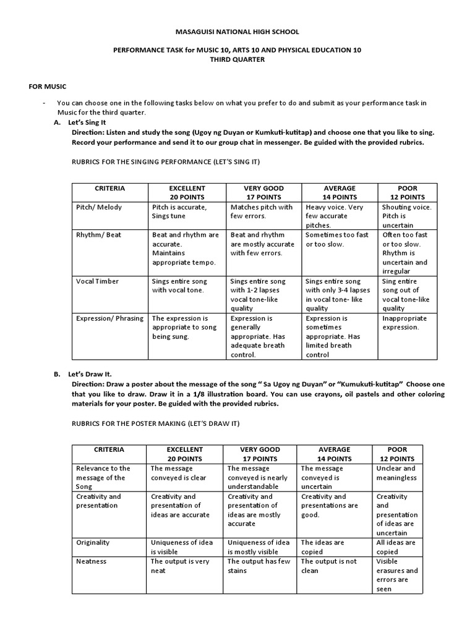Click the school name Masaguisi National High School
[238, 31]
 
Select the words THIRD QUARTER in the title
[238, 60]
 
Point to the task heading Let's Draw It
[92, 375]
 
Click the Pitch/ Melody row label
[99, 207]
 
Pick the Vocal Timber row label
[98, 281]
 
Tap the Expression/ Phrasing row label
[109, 318]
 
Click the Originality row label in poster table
[93, 542]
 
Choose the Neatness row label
[91, 561]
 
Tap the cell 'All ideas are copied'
[396, 546]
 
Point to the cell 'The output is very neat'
[180, 566]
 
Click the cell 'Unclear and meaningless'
[396, 473]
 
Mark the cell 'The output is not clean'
[328, 566]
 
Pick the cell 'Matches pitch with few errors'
[262, 211]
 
